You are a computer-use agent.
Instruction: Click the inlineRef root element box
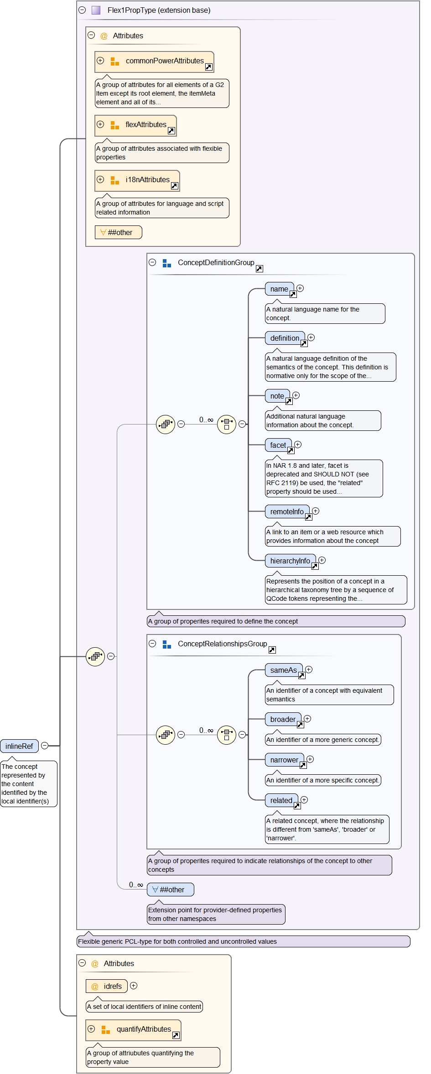point(19,746)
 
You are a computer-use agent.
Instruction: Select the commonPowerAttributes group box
point(154,61)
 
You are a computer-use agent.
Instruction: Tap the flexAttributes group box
point(135,125)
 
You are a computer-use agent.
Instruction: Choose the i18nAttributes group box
point(137,180)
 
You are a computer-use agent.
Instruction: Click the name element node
point(279,289)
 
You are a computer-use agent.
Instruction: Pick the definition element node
point(285,338)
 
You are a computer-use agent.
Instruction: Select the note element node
point(277,396)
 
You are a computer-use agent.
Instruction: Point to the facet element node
point(278,445)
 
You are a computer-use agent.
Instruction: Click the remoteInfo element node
point(287,512)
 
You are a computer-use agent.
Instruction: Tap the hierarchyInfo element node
point(290,561)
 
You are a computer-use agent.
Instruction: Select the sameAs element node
point(283,670)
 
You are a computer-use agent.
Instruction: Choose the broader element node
point(283,720)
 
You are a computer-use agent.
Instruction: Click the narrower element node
point(284,760)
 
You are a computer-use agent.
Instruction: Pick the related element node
point(281,801)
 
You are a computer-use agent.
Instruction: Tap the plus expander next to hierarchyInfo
point(322,560)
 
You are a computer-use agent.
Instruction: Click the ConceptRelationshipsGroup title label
point(222,644)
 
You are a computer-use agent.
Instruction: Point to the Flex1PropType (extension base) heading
point(159,10)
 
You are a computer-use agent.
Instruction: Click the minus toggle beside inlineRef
point(45,746)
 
